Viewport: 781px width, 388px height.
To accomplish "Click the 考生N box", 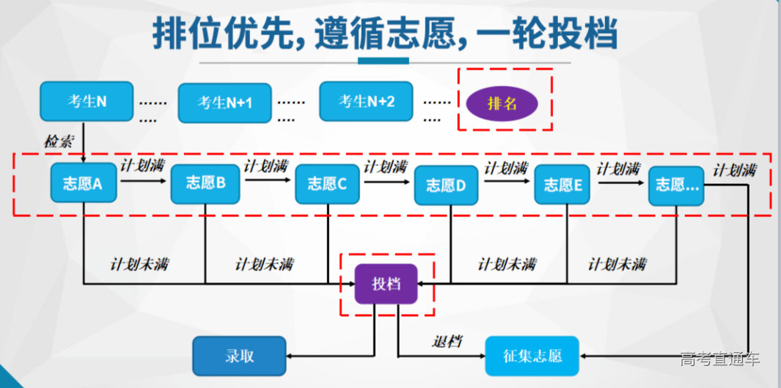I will tap(87, 101).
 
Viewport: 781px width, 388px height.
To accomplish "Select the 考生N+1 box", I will tap(224, 103).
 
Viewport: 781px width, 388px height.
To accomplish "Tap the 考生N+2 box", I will tap(366, 101).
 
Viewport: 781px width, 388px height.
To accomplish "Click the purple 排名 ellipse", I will tap(502, 103).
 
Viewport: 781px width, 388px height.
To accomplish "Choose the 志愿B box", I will tap(205, 183).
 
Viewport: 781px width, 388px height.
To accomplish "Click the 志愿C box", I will tap(327, 183).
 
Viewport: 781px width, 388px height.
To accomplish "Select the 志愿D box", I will tap(446, 185).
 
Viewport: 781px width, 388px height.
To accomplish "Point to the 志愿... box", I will tap(675, 184).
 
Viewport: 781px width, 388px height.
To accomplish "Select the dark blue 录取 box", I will tap(239, 356).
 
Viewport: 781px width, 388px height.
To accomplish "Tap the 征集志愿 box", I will tap(532, 356).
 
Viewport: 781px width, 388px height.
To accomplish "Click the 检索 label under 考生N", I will tap(59, 142).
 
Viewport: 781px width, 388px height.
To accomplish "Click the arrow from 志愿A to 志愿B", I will tap(145, 180).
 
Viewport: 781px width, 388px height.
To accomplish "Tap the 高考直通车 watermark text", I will tap(719, 359).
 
